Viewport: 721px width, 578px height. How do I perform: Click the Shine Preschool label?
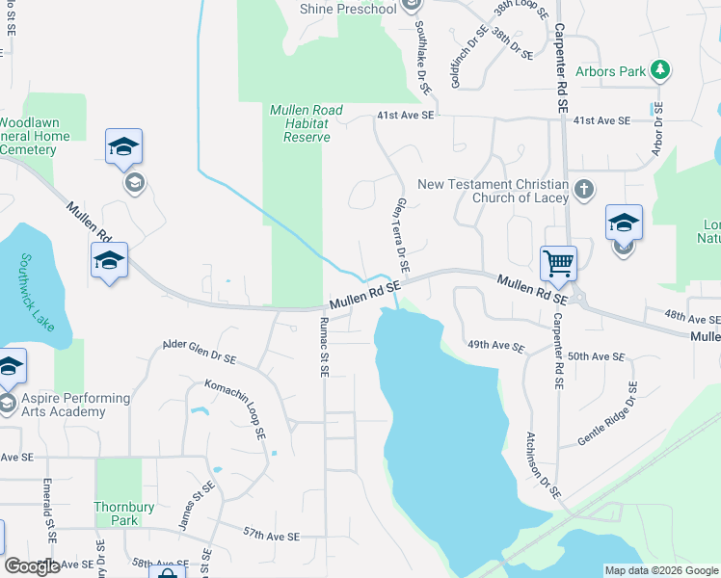tap(348, 9)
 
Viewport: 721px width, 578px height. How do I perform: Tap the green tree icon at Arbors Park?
tap(659, 70)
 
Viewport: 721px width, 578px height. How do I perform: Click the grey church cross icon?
tap(583, 190)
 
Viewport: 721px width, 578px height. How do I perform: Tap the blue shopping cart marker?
tap(558, 261)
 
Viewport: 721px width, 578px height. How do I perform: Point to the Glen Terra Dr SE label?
tap(402, 234)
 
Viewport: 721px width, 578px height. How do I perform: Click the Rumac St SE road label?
tap(323, 350)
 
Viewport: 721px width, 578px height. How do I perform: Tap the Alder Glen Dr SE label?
tap(200, 351)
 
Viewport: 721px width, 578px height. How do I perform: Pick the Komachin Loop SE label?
tap(236, 408)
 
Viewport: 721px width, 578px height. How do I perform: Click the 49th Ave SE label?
tap(495, 345)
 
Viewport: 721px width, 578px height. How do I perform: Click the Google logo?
tap(32, 566)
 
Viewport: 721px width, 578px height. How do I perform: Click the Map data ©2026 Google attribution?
tap(660, 570)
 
